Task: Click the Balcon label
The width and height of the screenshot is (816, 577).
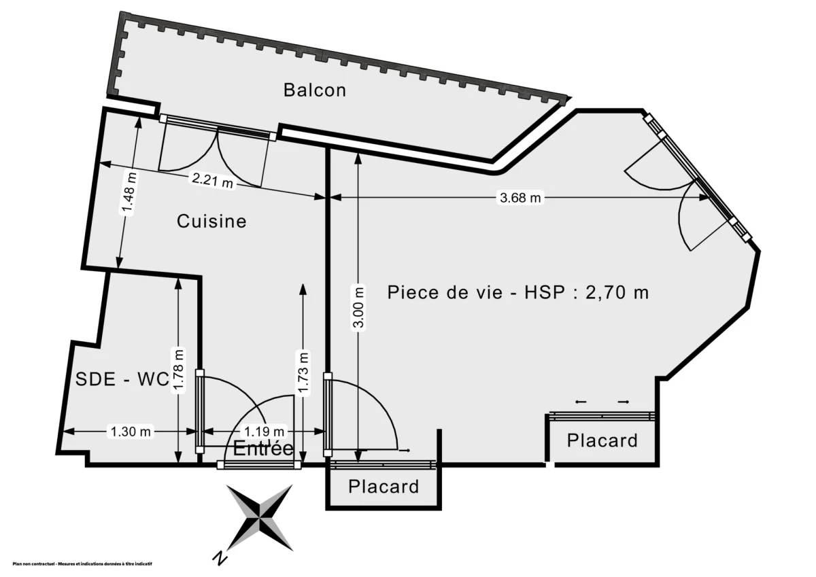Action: (x=315, y=90)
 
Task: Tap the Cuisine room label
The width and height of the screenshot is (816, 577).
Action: (x=211, y=221)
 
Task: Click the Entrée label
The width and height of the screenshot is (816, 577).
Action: (x=263, y=449)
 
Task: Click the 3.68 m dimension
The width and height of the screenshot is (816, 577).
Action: (x=521, y=198)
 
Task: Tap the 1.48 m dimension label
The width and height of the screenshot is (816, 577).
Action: (x=129, y=194)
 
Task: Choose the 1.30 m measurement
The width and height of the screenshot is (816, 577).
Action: (x=130, y=431)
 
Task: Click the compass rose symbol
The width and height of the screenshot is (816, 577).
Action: (x=260, y=518)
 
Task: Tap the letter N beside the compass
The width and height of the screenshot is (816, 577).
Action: (x=220, y=558)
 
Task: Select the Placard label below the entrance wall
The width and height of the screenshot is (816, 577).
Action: (x=384, y=487)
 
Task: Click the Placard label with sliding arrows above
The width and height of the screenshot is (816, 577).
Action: (x=602, y=440)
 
